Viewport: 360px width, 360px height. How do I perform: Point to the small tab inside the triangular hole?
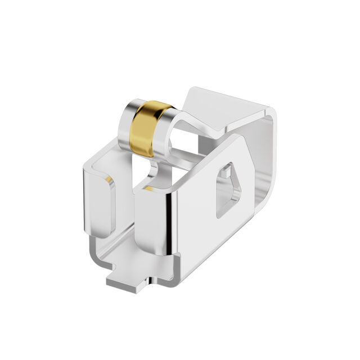[x=227, y=171]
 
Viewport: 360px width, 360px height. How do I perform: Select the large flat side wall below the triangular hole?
[x=208, y=236]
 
